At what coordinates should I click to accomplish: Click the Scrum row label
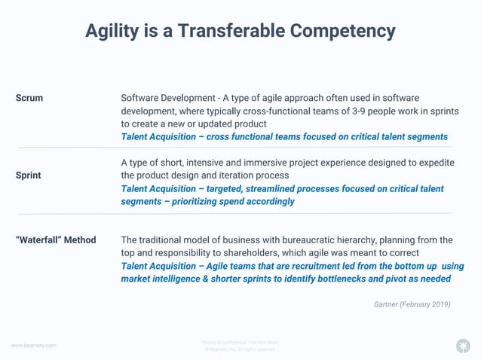click(x=29, y=98)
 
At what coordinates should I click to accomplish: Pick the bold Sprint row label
click(x=29, y=175)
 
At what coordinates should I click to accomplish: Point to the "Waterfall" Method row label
click(x=56, y=240)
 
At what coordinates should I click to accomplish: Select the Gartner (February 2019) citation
click(x=412, y=304)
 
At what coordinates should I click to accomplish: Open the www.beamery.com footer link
click(x=33, y=345)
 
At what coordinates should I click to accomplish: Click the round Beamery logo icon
click(x=462, y=346)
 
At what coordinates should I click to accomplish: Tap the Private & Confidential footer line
click(x=240, y=342)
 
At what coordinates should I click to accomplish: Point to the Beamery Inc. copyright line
click(x=240, y=349)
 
